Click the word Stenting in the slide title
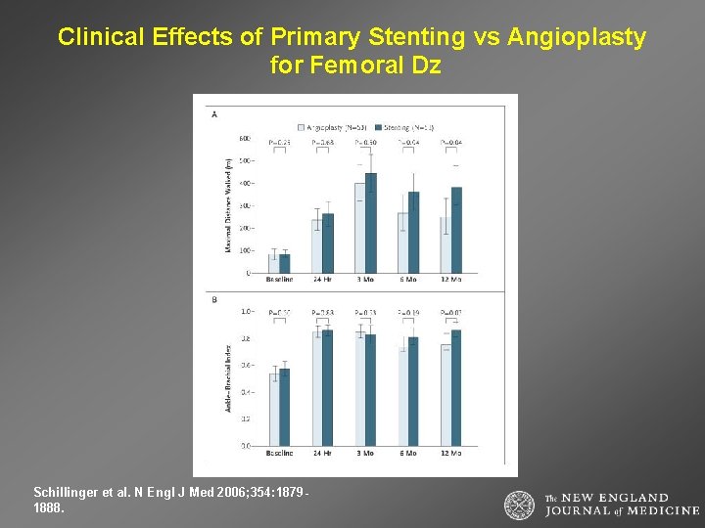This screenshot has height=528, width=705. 417,38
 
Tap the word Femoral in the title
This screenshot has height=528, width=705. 357,66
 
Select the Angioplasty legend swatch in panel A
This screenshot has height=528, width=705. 302,127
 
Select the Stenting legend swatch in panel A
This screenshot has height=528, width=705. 378,127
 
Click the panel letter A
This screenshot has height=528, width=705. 214,114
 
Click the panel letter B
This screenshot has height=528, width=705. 214,300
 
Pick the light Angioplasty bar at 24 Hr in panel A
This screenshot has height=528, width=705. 317,246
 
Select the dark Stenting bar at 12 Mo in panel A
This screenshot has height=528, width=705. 456,231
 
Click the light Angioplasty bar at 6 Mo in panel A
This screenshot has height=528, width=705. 402,243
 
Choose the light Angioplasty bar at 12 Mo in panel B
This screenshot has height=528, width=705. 446,395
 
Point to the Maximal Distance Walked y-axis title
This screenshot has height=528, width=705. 228,206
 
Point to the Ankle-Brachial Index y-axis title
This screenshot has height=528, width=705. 228,377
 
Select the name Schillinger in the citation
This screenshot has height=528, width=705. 65,493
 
